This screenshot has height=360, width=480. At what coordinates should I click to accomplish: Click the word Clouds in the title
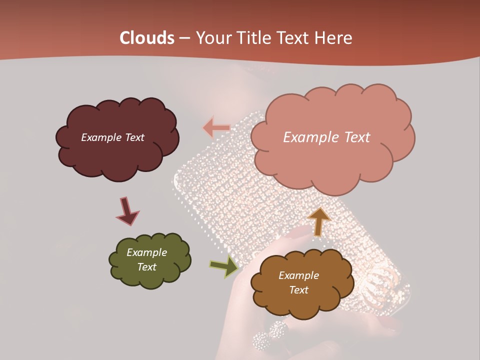click(x=147, y=38)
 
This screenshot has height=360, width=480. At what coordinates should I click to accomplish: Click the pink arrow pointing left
click(x=216, y=128)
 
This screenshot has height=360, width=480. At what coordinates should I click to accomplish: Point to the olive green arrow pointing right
click(x=224, y=267)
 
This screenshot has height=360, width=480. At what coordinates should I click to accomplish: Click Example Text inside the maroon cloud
click(x=112, y=137)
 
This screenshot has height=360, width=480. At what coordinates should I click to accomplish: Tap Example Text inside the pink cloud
click(x=326, y=137)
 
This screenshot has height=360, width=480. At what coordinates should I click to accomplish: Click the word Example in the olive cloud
click(x=146, y=252)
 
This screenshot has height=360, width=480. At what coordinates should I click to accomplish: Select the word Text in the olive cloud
click(x=146, y=267)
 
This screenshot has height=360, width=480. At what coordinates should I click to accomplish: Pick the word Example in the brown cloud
click(x=298, y=275)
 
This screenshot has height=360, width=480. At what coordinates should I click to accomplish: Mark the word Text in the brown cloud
click(x=298, y=290)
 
